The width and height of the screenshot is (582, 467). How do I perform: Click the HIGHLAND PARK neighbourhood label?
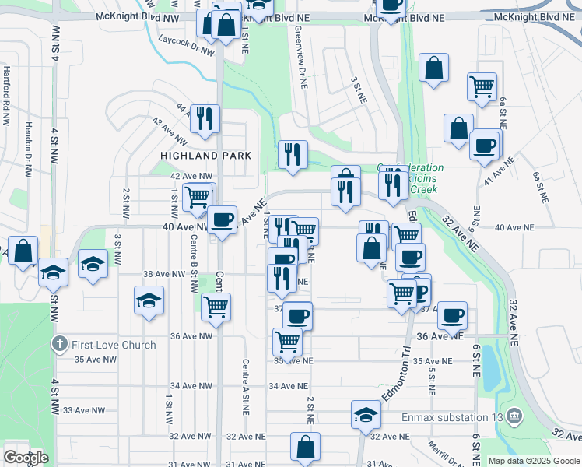pyautogui.click(x=205, y=156)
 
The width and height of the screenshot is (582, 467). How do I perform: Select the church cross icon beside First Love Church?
pyautogui.click(x=59, y=344)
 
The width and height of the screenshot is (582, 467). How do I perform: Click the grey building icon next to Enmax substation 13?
pyautogui.click(x=514, y=417)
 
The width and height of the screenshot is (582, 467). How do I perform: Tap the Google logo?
pyautogui.click(x=26, y=458)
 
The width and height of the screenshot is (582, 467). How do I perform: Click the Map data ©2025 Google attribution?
pyautogui.click(x=534, y=461)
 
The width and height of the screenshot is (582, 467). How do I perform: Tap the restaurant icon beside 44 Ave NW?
pyautogui.click(x=205, y=119)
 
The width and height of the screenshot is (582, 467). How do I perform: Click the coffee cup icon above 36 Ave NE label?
pyautogui.click(x=453, y=315)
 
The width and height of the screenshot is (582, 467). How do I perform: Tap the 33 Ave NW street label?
pyautogui.click(x=84, y=410)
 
